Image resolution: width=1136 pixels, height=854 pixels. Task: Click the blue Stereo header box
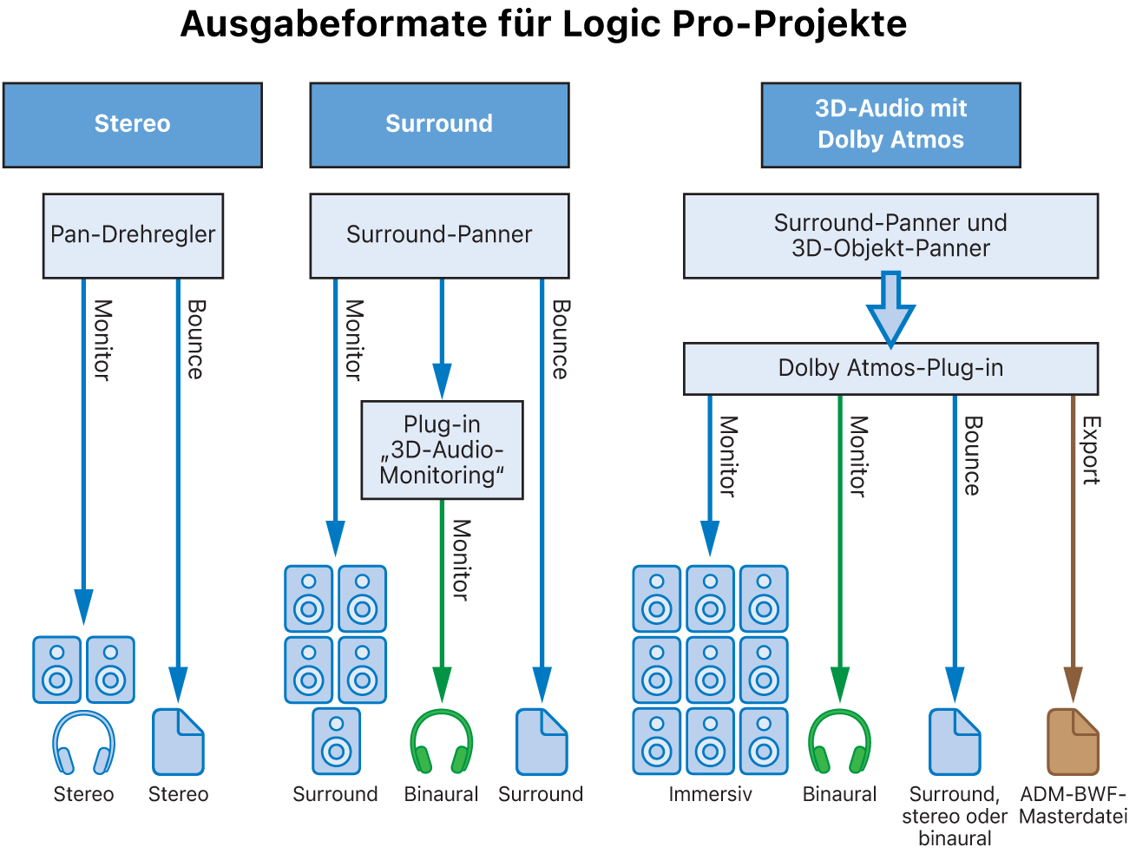(x=132, y=124)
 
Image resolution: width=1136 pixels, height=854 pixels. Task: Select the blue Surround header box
(x=439, y=124)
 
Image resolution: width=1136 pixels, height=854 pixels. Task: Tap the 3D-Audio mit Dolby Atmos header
(x=890, y=124)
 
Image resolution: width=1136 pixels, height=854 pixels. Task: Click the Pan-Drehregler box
(x=133, y=235)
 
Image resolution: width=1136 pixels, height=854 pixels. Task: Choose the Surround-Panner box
(x=439, y=235)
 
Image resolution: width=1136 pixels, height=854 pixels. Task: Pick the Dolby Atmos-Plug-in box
(x=890, y=368)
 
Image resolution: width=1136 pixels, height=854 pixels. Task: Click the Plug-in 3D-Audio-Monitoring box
(x=442, y=450)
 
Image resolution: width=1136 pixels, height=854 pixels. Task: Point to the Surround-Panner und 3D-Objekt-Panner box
(x=890, y=235)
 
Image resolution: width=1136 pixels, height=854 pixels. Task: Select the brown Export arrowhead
(x=1073, y=683)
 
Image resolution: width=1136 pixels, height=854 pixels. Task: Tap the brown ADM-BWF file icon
(x=1073, y=741)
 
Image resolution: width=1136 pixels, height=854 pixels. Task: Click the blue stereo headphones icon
(x=83, y=743)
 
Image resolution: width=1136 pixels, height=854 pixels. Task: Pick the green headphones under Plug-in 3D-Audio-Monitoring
(x=441, y=742)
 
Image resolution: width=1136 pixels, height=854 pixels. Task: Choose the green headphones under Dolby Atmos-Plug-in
(x=839, y=742)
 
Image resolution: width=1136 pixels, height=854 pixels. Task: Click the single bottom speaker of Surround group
(x=336, y=741)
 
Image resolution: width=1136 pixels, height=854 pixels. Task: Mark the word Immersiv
(x=710, y=794)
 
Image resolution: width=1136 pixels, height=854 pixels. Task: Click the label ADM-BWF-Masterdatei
(x=1073, y=805)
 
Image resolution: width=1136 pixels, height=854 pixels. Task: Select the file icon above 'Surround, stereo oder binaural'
(x=955, y=741)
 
